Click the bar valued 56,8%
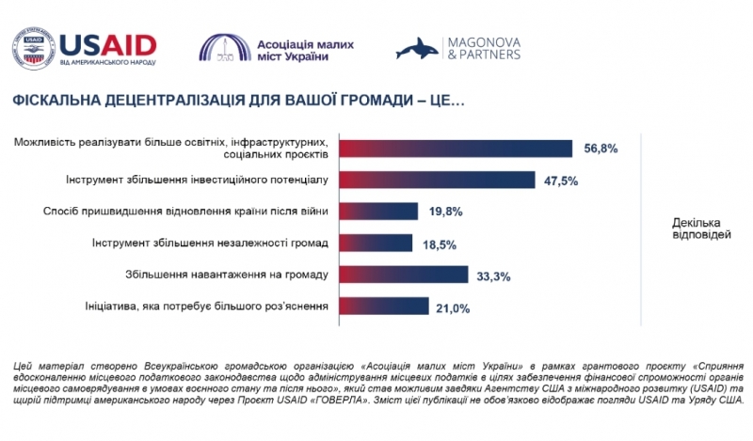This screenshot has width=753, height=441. click(x=456, y=149)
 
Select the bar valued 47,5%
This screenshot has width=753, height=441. click(x=437, y=180)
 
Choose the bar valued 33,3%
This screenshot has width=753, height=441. click(x=403, y=275)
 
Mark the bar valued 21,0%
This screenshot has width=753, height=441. click(x=383, y=307)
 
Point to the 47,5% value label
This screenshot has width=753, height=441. click(x=561, y=180)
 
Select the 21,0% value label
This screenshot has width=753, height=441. click(x=455, y=307)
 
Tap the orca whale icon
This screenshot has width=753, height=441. click(x=415, y=49)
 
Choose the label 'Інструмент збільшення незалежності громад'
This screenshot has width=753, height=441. click(x=210, y=243)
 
